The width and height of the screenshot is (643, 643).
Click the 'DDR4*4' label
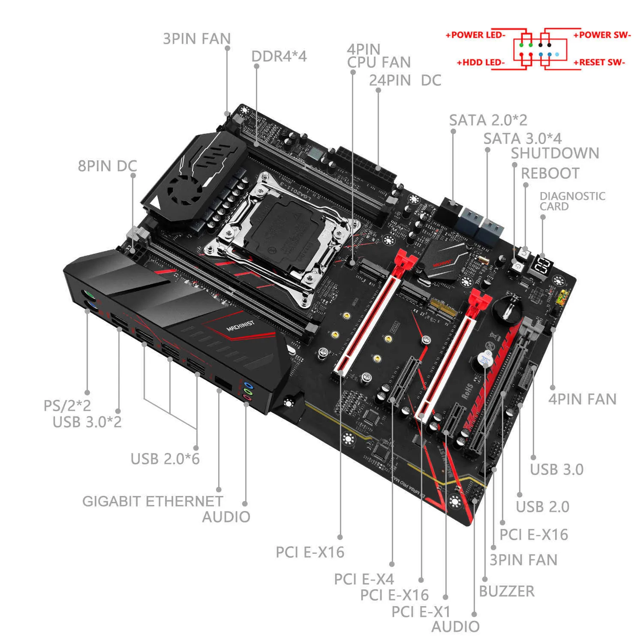point(279,56)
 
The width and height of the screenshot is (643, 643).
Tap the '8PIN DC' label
point(107,166)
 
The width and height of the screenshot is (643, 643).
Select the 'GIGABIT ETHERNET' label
point(153,501)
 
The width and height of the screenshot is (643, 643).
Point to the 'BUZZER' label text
point(507,591)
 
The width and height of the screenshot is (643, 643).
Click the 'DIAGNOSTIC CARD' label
point(572,201)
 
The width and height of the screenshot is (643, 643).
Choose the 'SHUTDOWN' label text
point(555,153)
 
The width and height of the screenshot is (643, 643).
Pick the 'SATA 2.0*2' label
point(488,120)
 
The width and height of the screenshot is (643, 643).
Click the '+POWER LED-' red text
point(475,35)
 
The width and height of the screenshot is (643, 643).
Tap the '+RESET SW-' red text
point(599,63)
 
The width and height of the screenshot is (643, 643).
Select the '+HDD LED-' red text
point(481,63)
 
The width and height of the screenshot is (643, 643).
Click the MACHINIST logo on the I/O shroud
point(240,326)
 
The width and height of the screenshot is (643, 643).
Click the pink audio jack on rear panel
point(247,398)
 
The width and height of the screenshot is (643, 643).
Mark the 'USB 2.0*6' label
point(165,459)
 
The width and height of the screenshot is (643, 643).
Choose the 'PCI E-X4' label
point(364,579)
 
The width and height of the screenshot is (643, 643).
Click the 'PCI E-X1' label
point(421,612)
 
